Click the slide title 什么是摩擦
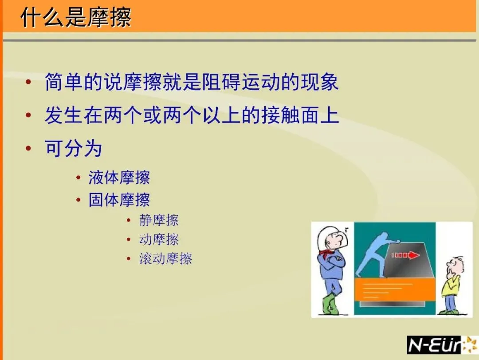click(x=76, y=17)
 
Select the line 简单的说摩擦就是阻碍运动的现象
click(x=192, y=82)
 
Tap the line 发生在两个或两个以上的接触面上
click(x=192, y=115)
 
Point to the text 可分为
click(x=73, y=148)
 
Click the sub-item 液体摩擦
click(x=119, y=178)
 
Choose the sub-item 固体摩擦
click(x=119, y=200)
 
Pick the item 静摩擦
click(x=159, y=220)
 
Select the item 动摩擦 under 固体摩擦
click(x=159, y=239)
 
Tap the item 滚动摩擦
click(x=165, y=258)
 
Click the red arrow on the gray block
click(x=405, y=255)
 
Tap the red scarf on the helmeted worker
click(x=327, y=253)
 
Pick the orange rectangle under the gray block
click(x=395, y=289)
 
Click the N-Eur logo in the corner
click(x=442, y=345)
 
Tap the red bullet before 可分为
click(x=28, y=149)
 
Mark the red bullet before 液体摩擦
click(x=79, y=178)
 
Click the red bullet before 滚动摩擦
click(x=129, y=259)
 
